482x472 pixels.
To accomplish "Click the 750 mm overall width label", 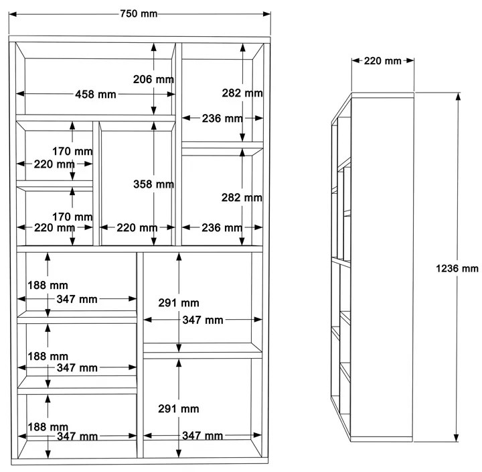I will [x=139, y=14].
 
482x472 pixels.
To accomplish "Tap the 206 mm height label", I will [x=153, y=79].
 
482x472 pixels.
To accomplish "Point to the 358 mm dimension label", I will [x=153, y=184].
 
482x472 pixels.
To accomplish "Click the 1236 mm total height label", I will [x=457, y=268].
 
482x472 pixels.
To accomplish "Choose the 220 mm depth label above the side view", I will [x=382, y=61].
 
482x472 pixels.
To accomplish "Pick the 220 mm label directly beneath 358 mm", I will [x=137, y=228].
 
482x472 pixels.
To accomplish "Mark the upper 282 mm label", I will [x=242, y=93].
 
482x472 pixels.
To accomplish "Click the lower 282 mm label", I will [x=242, y=198].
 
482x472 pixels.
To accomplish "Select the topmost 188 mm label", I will [x=48, y=286].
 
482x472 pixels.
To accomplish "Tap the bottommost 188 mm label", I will [x=48, y=426].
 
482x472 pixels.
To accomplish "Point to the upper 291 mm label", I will [x=179, y=303].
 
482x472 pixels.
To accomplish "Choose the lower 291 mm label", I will [x=179, y=408].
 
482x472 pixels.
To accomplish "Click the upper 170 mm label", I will [x=73, y=151].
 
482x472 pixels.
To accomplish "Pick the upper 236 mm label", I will [x=222, y=119].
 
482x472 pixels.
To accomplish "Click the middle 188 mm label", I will [x=48, y=356].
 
